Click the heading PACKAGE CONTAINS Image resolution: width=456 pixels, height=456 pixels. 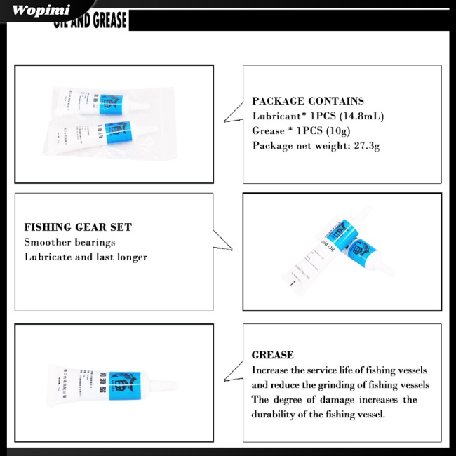click(x=308, y=101)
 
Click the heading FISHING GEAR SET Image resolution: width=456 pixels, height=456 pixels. click(x=77, y=227)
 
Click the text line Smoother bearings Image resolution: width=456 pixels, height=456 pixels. click(x=69, y=242)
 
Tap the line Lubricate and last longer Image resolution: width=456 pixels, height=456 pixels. click(x=86, y=257)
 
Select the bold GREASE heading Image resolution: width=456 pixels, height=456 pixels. click(x=272, y=355)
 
